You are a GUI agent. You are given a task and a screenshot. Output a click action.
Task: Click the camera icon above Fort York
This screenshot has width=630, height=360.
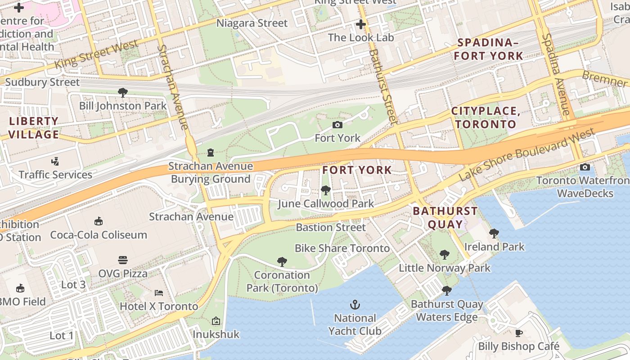[337, 125]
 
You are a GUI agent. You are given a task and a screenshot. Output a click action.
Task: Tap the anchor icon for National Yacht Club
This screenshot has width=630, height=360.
[355, 305]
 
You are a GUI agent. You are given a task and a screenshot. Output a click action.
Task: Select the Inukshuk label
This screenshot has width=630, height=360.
[216, 334]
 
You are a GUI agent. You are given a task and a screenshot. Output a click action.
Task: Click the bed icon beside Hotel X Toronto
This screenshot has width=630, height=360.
[159, 293]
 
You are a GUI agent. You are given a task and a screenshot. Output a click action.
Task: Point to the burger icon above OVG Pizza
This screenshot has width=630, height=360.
[123, 260]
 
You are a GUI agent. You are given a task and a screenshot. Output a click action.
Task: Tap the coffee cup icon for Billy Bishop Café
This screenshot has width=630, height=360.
[519, 333]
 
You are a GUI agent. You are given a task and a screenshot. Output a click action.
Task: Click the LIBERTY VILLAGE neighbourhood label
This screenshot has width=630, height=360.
[34, 128]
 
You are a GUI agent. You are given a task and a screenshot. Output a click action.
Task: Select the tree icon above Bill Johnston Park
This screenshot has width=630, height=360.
[122, 93]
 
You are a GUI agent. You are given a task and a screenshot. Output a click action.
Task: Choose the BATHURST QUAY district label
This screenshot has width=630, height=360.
[445, 218]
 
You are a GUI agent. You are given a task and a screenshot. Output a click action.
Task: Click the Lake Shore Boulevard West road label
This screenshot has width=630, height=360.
[526, 154]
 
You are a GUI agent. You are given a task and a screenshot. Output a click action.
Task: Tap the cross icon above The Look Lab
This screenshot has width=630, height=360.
[360, 24]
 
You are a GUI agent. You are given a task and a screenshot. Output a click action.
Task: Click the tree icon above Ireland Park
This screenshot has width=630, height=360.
[494, 233]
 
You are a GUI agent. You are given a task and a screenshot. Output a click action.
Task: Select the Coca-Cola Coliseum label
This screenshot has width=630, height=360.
[99, 234]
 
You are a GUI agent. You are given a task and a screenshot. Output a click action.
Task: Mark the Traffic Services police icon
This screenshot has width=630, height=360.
[55, 161]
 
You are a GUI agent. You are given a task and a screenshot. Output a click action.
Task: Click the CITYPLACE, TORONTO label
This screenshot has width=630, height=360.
[486, 118]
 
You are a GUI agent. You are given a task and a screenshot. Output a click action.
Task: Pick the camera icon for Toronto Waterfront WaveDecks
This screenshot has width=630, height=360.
[585, 167]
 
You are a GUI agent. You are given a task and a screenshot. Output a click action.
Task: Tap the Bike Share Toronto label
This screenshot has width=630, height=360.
[342, 248]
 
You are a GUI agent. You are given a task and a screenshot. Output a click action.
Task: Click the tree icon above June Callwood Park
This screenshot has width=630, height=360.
[325, 190]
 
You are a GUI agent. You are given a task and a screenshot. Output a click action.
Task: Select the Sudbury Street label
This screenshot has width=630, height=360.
[42, 82]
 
